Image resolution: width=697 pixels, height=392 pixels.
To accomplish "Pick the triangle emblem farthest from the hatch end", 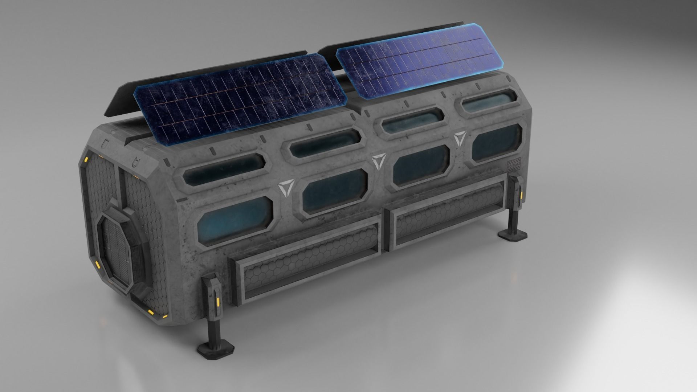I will pyautogui.click(x=460, y=138).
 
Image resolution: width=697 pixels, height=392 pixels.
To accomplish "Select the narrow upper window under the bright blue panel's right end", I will pyautogui.click(x=488, y=103).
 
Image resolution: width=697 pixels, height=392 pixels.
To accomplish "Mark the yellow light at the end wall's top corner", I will pyautogui.click(x=87, y=159).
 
